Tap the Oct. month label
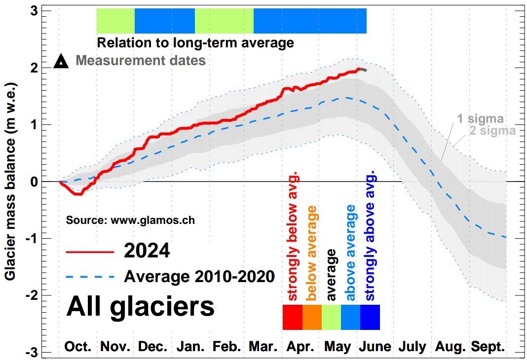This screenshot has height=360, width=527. pyautogui.click(x=78, y=347)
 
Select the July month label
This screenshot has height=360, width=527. pyautogui.click(x=412, y=347)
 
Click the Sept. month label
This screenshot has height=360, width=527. pyautogui.click(x=488, y=347)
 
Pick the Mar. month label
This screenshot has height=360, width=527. pyautogui.click(x=263, y=347)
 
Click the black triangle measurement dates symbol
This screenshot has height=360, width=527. pyautogui.click(x=62, y=62)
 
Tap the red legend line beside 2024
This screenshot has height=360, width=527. pyautogui.click(x=90, y=252)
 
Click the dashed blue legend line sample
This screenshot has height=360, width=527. pyautogui.click(x=90, y=277)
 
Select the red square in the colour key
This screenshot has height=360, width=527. pyautogui.click(x=292, y=317)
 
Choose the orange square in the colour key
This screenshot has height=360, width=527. pyautogui.click(x=311, y=317)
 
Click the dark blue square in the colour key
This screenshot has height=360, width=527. pyautogui.click(x=370, y=317)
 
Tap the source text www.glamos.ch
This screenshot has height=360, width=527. pyautogui.click(x=130, y=220)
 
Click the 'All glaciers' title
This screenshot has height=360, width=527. pyautogui.click(x=140, y=306)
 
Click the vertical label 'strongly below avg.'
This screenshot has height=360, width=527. pyautogui.click(x=293, y=236)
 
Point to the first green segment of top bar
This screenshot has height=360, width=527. pyautogui.click(x=115, y=21)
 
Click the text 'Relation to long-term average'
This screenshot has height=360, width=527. pyautogui.click(x=195, y=43)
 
